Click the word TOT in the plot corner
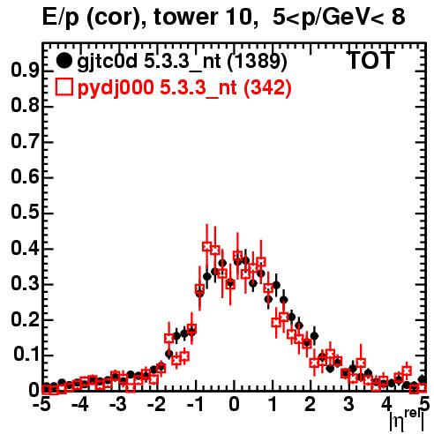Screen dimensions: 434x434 (371, 61)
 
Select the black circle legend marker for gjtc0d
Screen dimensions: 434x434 (64, 61)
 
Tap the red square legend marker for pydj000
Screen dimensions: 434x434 (64, 87)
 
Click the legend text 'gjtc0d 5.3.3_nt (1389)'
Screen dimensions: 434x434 (182, 62)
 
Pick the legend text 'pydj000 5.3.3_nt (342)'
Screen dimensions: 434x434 (184, 88)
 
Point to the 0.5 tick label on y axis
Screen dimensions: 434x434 (25, 213)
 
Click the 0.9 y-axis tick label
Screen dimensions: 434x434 (25, 71)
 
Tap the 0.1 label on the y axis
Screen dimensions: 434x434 (26, 355)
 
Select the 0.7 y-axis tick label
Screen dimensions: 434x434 (25, 141)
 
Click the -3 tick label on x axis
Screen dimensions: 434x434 (118, 404)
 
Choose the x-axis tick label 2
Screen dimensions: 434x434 (311, 404)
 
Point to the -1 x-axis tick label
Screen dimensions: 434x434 (195, 404)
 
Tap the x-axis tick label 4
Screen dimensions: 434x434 (387, 404)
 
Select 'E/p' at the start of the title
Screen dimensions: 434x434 (61, 18)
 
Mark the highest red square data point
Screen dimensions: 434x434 (206, 246)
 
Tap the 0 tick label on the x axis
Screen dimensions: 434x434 (234, 404)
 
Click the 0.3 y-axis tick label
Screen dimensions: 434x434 (25, 283)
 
